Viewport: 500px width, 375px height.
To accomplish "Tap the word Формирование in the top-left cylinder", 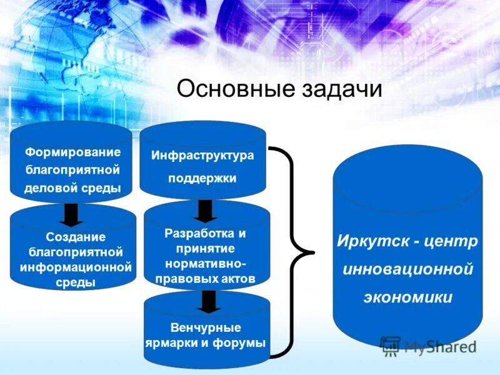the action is point(72,152).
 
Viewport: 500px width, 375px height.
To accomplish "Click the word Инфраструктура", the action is point(202,156).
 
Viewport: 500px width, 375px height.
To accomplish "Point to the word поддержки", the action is point(202,179).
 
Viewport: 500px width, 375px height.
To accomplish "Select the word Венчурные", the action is point(206,327).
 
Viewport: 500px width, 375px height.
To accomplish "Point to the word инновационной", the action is point(407,269).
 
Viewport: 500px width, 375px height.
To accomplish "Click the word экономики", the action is point(407,297).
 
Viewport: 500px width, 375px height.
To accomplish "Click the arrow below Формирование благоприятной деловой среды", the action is point(72,215).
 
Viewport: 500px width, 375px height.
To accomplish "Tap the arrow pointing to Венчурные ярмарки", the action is point(208,302).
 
